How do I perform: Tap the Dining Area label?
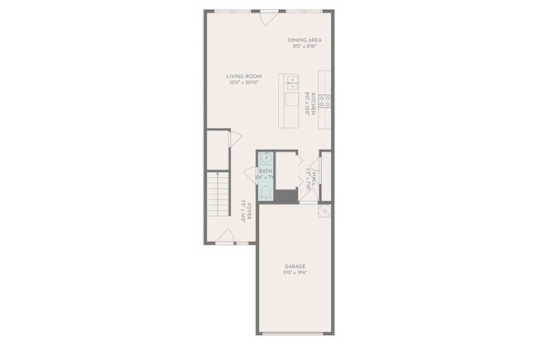point(305,40)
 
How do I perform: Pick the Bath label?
point(266,171)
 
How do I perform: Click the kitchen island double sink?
point(292,83)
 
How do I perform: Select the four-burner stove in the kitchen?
point(325,101)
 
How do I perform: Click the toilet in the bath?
point(266,194)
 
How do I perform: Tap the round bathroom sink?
point(266,158)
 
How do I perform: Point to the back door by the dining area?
point(269,16)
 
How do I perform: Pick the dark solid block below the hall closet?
point(287,197)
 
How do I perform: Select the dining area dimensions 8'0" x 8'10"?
point(305,46)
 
